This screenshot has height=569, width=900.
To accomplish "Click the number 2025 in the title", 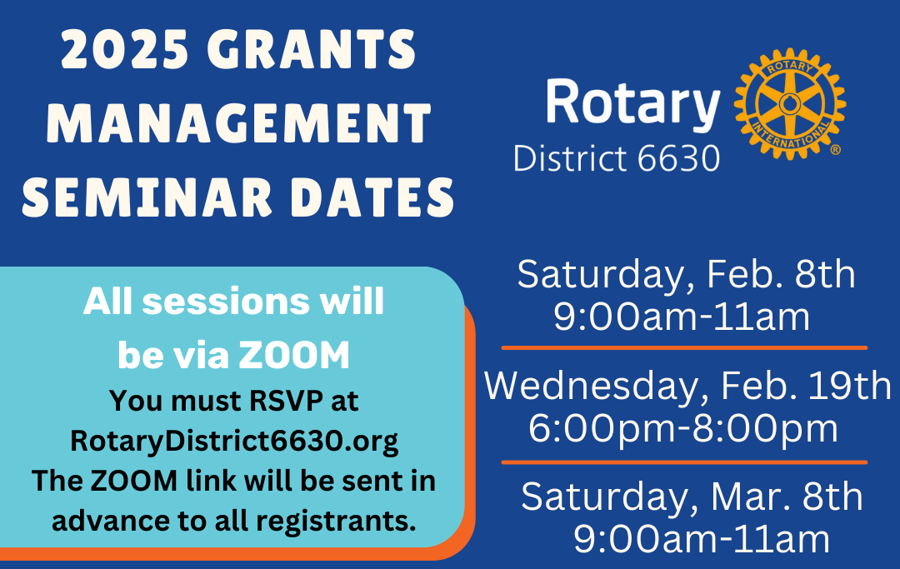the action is pyautogui.click(x=125, y=49).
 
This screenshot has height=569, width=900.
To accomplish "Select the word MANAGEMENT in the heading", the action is pyautogui.click(x=239, y=122).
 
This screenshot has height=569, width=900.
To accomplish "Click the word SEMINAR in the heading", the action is pyautogui.click(x=147, y=197).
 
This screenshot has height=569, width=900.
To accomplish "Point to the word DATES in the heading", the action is pyautogui.click(x=372, y=197).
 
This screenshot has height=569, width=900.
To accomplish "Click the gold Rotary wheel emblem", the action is pyautogui.click(x=790, y=103).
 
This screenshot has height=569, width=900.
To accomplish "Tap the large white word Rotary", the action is pyautogui.click(x=632, y=102).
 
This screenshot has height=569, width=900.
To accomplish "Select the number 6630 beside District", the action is pyautogui.click(x=678, y=158).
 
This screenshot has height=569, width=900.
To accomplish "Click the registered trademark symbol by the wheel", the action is pyautogui.click(x=836, y=150).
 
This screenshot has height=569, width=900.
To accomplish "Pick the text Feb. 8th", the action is pyautogui.click(x=781, y=274).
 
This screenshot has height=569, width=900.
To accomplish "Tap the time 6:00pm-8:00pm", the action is pyautogui.click(x=683, y=428).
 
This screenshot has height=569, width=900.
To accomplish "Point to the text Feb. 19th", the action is pyautogui.click(x=806, y=386).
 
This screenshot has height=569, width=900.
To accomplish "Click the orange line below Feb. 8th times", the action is pyautogui.click(x=684, y=347).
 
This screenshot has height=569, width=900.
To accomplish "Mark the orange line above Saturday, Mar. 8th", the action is pyautogui.click(x=684, y=462).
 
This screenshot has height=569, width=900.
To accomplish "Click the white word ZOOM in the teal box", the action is pyautogui.click(x=294, y=356).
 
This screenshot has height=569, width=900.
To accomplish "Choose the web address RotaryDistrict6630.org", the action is pyautogui.click(x=234, y=441).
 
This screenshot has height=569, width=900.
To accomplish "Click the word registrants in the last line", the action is pyautogui.click(x=336, y=522).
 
